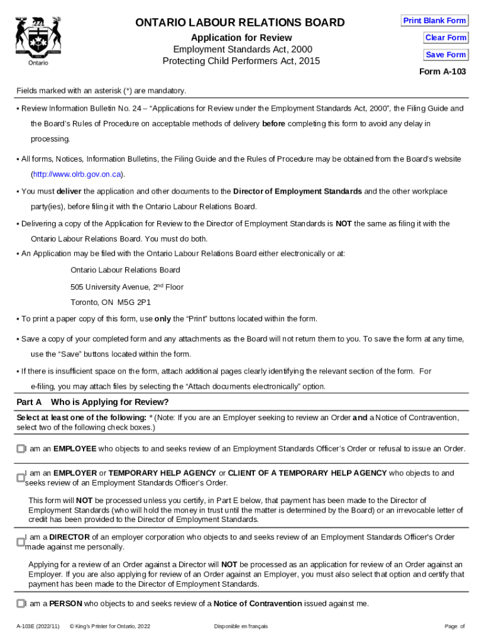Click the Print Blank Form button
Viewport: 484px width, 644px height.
(434, 21)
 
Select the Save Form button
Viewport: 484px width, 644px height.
(446, 55)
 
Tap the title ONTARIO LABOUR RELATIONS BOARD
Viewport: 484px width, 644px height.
(241, 23)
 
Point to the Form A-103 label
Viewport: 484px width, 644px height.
(443, 72)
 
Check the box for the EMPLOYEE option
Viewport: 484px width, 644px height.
(21, 448)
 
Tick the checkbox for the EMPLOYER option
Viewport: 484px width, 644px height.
(21, 478)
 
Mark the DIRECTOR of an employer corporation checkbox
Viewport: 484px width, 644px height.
(21, 542)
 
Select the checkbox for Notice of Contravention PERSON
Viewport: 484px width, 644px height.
(21, 604)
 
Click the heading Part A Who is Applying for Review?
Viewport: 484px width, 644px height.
(92, 402)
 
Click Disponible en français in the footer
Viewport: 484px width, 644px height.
(241, 626)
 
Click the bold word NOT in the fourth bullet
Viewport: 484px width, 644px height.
(343, 223)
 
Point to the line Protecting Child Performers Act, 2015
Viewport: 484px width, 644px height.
(241, 61)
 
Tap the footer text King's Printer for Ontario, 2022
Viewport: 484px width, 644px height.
(110, 626)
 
